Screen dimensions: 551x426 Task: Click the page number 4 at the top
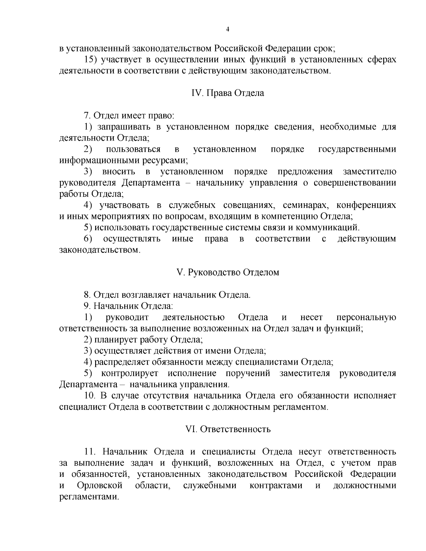228,29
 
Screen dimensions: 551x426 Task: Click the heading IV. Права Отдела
228,93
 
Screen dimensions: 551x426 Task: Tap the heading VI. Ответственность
228,429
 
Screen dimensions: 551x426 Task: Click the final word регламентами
88,497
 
